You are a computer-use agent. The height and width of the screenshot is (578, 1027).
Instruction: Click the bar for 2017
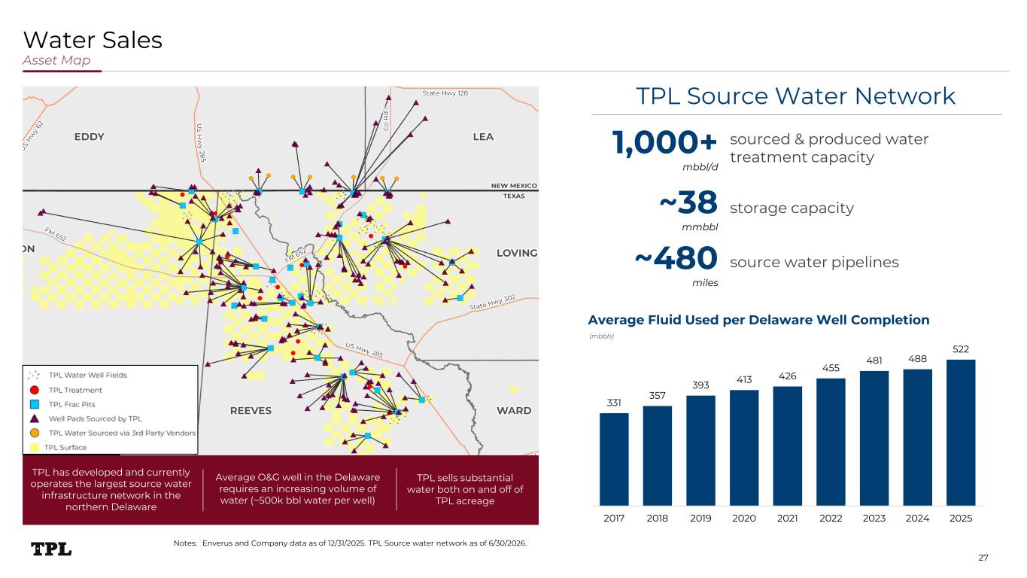[614, 459]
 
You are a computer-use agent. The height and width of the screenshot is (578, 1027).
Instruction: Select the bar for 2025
[961, 433]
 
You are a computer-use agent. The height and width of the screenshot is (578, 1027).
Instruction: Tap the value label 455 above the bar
[831, 368]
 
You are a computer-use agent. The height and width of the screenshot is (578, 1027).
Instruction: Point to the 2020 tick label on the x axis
[743, 519]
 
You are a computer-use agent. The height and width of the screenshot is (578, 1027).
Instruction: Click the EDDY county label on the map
[90, 137]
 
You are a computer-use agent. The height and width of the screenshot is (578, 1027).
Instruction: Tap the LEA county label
[483, 137]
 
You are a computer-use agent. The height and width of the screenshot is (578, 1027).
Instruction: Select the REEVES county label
[251, 411]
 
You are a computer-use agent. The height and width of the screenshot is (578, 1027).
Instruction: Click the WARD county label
[514, 411]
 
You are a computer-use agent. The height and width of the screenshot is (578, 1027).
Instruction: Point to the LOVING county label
[517, 253]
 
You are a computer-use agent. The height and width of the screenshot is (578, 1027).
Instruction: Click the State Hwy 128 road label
[445, 93]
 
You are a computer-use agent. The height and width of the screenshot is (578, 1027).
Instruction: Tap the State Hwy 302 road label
[492, 303]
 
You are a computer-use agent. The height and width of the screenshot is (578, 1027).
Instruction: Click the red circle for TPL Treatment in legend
[35, 390]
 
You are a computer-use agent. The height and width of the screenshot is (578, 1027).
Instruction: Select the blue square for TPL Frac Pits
[35, 404]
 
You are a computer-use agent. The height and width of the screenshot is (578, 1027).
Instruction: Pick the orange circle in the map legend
[35, 433]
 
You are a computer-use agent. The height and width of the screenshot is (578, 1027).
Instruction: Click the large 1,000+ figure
[664, 142]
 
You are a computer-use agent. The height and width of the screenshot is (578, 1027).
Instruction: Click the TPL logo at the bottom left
[51, 549]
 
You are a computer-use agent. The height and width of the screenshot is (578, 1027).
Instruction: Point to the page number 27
[983, 558]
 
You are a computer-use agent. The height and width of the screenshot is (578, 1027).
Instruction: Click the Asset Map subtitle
[56, 60]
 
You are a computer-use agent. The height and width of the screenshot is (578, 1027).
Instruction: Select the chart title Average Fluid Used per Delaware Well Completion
[759, 320]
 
